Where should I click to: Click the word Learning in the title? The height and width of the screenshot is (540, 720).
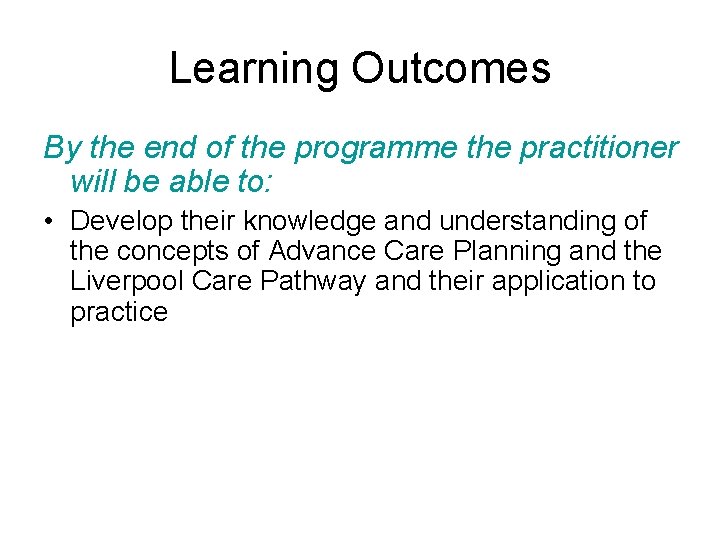[255, 68]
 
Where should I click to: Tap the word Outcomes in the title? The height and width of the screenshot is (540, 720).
[451, 68]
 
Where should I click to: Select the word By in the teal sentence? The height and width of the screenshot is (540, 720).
[62, 149]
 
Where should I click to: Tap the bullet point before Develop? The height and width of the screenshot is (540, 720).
[49, 221]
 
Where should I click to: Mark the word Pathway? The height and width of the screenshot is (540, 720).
[312, 281]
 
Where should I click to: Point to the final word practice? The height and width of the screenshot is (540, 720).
[119, 312]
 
